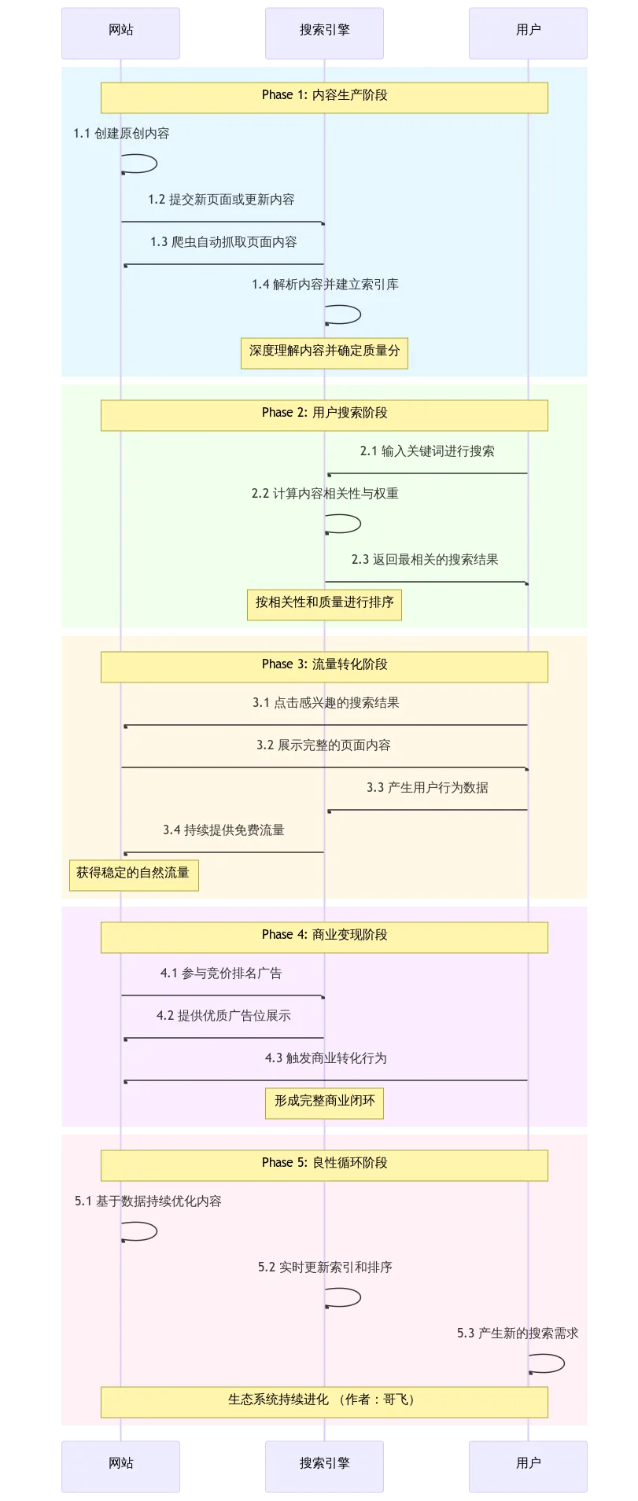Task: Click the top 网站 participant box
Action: pyautogui.click(x=121, y=31)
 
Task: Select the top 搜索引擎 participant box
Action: pyautogui.click(x=324, y=31)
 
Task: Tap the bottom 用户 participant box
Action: pyautogui.click(x=528, y=1465)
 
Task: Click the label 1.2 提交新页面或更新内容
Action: pyautogui.click(x=221, y=200)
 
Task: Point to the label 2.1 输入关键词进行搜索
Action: pyautogui.click(x=427, y=451)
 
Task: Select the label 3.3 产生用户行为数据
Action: pyautogui.click(x=427, y=788)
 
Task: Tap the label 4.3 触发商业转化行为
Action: pyautogui.click(x=326, y=1058)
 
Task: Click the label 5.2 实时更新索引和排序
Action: pyautogui.click(x=325, y=1267)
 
